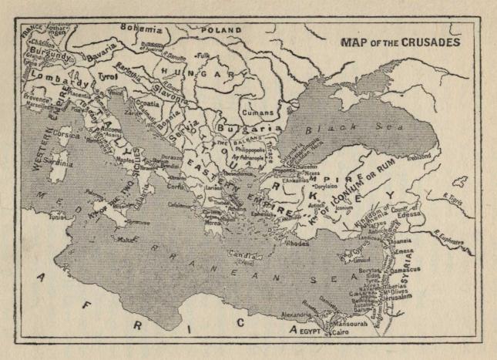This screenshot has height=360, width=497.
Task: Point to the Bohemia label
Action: coord(146,28)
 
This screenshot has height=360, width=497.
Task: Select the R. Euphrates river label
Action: coord(462,241)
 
